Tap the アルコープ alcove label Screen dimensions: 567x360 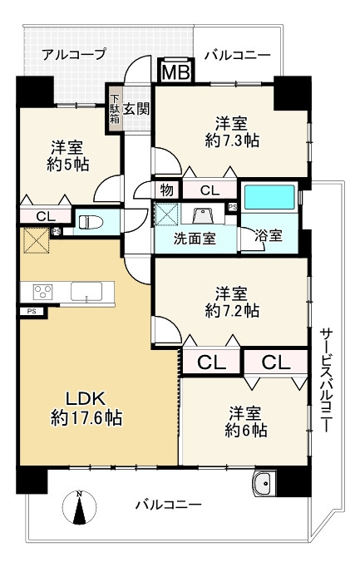pyautogui.click(x=74, y=54)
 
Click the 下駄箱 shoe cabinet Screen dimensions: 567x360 pyautogui.click(x=114, y=108)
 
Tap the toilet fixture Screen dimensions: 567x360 pyautogui.click(x=89, y=222)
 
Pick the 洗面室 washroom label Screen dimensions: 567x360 pyautogui.click(x=195, y=238)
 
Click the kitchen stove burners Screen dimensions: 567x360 pyautogui.click(x=42, y=291)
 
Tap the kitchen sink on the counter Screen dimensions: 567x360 pyautogui.click(x=86, y=291)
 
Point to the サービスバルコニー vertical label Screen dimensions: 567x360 pyautogui.click(x=327, y=378)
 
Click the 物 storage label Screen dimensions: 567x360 pyautogui.click(x=167, y=190)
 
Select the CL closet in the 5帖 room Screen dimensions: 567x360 pyautogui.click(x=34, y=216)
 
